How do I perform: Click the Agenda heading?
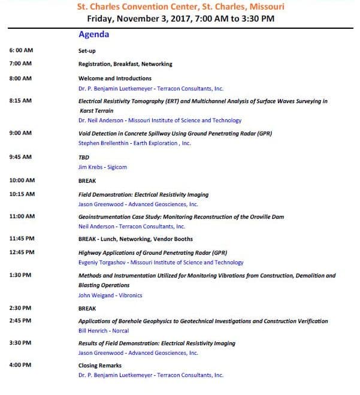point(93,35)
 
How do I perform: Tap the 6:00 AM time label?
point(21,51)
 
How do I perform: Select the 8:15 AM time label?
point(21,101)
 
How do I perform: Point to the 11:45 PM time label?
point(22,238)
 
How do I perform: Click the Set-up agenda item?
point(87,51)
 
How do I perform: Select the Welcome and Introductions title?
point(115,79)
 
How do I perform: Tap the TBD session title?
point(84,156)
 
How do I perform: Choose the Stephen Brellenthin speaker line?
point(135,143)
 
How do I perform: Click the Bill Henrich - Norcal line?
point(104,331)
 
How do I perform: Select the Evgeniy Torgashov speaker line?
point(161,263)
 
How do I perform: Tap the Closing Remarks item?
point(100,366)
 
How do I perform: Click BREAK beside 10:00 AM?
point(87,180)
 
